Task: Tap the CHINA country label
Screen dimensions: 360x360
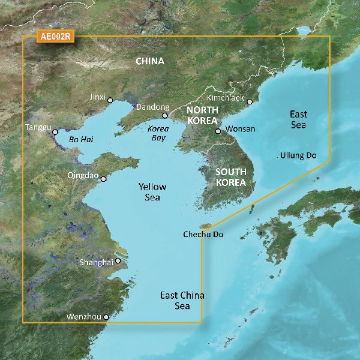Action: pyautogui.click(x=150, y=61)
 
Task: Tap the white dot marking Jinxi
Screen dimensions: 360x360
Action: pyautogui.click(x=110, y=101)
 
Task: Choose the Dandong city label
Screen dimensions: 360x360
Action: pyautogui.click(x=152, y=107)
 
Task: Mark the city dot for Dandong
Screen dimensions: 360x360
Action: pyautogui.click(x=165, y=116)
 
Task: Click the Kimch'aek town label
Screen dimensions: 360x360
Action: pyautogui.click(x=226, y=98)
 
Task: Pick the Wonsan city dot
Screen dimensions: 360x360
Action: pyautogui.click(x=218, y=130)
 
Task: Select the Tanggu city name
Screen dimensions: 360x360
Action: pyautogui.click(x=37, y=127)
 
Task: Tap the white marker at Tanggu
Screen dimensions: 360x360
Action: pyautogui.click(x=55, y=132)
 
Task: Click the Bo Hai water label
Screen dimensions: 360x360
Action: pyautogui.click(x=82, y=139)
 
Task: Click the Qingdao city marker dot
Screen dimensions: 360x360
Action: pyautogui.click(x=104, y=179)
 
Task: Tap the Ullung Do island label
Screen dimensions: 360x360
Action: pyautogui.click(x=298, y=156)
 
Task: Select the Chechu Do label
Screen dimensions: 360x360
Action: pyautogui.click(x=203, y=235)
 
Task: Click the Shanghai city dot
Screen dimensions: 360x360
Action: pyautogui.click(x=118, y=260)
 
